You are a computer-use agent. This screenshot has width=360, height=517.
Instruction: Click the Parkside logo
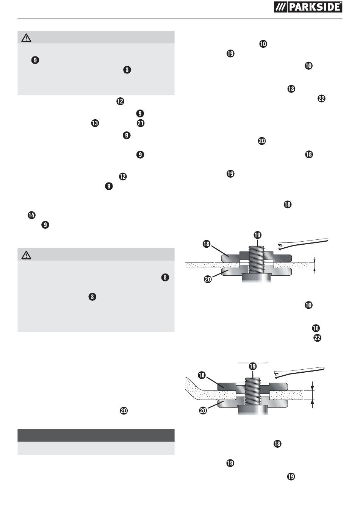308,7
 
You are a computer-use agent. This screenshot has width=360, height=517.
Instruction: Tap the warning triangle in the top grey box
26,38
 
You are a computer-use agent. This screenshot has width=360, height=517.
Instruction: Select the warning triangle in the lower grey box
26,255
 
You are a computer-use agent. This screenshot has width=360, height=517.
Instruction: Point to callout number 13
95,123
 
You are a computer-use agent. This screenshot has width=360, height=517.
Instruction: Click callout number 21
141,123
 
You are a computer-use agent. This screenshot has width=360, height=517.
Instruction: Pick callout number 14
31,215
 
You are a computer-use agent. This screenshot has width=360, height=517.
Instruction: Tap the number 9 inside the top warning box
35,60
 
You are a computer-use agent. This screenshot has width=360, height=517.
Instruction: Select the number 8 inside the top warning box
127,70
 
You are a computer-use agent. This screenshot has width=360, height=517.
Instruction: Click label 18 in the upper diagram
207,244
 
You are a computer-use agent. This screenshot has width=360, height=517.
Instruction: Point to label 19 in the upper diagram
257,235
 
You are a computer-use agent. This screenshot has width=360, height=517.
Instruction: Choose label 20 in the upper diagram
208,279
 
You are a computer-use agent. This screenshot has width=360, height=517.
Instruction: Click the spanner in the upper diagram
303,244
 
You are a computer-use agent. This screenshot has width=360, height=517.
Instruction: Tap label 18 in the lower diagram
202,375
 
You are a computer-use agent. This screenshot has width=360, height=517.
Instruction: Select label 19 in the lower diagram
253,366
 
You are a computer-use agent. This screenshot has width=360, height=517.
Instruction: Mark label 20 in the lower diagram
203,410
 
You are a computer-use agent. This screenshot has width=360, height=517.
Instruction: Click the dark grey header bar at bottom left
96,435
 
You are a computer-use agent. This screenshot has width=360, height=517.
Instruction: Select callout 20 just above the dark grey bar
124,411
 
